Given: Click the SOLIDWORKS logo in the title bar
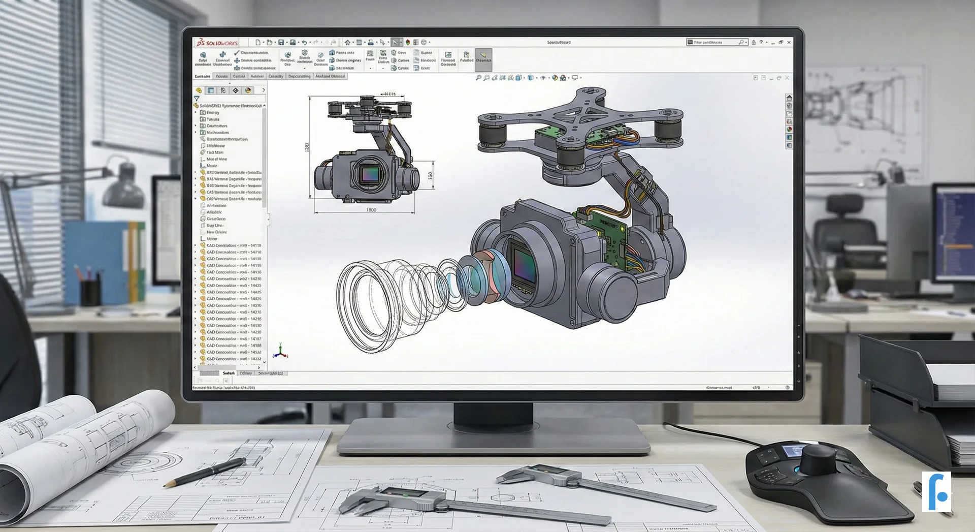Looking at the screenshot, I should (x=217, y=43).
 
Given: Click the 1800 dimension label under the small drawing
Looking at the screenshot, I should (x=371, y=210).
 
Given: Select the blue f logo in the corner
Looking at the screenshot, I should (x=936, y=491).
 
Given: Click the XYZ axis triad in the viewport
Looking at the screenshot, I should (x=280, y=351).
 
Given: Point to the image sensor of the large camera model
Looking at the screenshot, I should (x=524, y=264).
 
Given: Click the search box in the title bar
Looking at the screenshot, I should (x=716, y=42).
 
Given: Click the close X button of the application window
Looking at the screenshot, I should (x=789, y=42).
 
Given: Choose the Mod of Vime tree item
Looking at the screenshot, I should (x=216, y=159).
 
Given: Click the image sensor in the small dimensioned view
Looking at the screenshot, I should (x=369, y=175).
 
